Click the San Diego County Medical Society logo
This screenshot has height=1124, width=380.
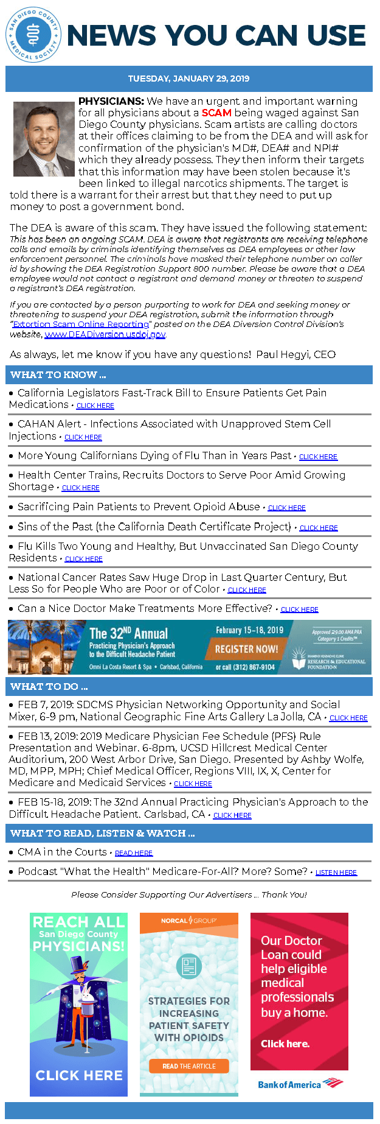click(34, 35)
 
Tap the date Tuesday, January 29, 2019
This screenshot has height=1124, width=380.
click(188, 79)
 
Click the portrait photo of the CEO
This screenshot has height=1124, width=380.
click(44, 139)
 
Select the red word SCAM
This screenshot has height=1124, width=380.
click(216, 113)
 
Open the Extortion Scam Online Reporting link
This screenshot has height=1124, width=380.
click(81, 325)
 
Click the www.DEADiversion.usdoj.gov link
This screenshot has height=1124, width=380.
click(105, 334)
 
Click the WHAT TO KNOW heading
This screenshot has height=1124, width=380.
click(58, 375)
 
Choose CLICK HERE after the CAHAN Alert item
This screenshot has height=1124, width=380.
click(83, 437)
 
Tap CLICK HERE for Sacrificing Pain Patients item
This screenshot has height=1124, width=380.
click(286, 508)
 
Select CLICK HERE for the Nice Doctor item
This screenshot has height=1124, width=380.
click(299, 609)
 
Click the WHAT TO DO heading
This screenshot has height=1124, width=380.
click(49, 687)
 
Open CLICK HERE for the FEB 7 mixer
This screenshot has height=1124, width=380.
click(348, 718)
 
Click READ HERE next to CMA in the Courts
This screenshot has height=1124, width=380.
click(134, 854)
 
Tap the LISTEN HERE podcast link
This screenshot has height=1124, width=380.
click(336, 873)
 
